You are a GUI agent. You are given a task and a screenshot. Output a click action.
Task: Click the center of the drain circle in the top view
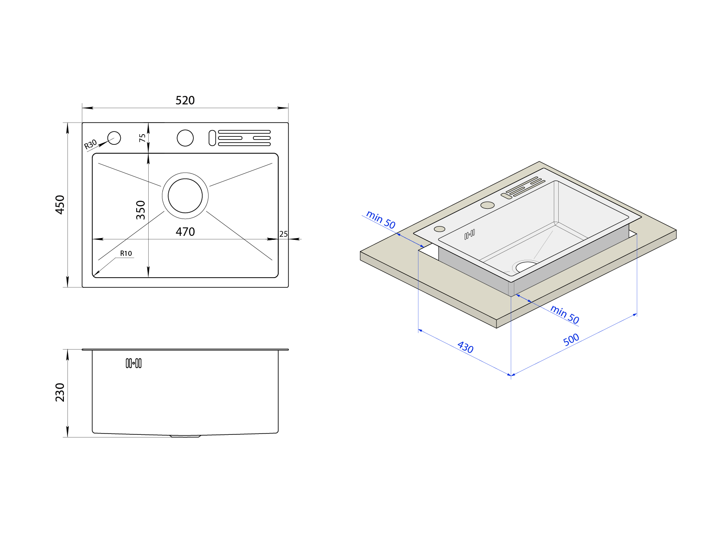[185, 195]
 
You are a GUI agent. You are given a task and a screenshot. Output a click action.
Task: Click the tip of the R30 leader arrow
[108, 141]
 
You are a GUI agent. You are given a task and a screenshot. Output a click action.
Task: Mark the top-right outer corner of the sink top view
[288, 123]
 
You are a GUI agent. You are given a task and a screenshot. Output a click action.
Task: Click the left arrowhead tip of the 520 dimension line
[82, 108]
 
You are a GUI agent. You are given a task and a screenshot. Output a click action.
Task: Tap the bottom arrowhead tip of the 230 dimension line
[67, 437]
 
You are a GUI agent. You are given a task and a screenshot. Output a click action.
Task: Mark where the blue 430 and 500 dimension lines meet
[511, 375]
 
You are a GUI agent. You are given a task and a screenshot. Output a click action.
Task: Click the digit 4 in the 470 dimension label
[179, 232]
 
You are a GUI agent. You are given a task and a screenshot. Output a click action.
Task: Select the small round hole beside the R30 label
[114, 138]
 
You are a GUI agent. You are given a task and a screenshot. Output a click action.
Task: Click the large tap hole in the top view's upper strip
[185, 138]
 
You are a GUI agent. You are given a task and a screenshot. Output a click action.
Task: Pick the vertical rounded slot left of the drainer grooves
[212, 138]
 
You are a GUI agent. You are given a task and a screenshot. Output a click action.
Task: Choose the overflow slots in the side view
[134, 363]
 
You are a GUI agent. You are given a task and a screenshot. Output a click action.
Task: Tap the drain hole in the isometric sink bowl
[526, 266]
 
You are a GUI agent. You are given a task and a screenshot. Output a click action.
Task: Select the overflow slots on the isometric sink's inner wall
[469, 235]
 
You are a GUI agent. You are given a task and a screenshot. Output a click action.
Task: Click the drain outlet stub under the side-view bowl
[185, 436]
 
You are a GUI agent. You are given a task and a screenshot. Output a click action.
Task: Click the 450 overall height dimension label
[60, 204]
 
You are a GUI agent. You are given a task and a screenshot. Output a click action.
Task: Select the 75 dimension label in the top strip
[142, 138]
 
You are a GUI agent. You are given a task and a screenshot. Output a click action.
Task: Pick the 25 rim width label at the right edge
[284, 234]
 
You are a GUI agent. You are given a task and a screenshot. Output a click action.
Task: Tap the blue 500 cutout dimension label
[571, 339]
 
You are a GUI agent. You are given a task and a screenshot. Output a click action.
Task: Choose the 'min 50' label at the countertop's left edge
[381, 219]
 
